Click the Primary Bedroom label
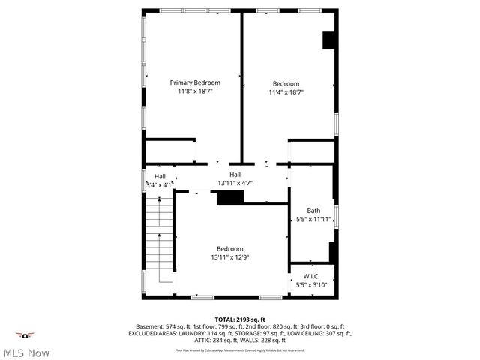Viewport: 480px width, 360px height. pos(195,82)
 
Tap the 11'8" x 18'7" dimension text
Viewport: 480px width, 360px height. pos(195,91)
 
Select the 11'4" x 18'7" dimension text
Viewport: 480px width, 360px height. pos(286,92)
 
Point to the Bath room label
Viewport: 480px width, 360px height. pos(313,211)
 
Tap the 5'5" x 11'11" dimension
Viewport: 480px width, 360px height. pos(313,220)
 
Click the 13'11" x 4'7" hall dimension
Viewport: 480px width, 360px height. pos(235,183)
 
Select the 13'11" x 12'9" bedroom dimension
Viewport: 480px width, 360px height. pos(229,257)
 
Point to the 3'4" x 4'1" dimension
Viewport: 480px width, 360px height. pos(159,184)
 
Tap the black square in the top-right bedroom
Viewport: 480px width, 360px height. pos(328,40)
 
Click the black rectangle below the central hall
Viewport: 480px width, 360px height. pos(230,197)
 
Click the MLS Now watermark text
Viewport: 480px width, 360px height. pos(26,352)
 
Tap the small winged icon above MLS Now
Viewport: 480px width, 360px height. pos(26,335)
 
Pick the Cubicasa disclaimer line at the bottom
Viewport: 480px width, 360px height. pos(239,349)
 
